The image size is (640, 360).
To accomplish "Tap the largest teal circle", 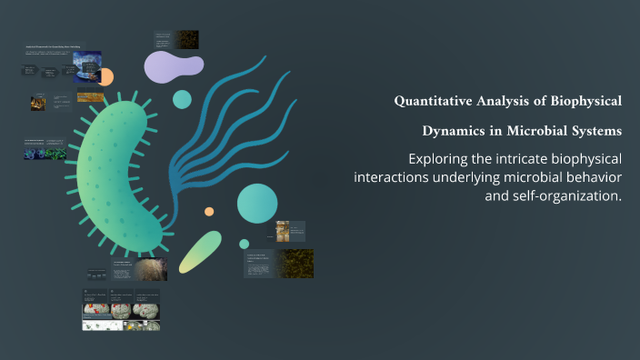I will coord(257,203).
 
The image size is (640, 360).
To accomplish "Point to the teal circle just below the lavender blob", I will coord(183,99).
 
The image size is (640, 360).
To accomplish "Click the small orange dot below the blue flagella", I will coord(209,211).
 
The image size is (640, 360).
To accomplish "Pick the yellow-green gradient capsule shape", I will coord(200,252).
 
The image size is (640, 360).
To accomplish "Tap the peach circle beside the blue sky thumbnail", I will coord(105,76).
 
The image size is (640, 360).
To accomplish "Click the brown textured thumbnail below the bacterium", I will coord(150,270).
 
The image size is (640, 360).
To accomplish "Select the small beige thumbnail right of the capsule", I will coord(283,231).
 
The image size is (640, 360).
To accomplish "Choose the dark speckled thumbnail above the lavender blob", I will coord(188,39).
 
